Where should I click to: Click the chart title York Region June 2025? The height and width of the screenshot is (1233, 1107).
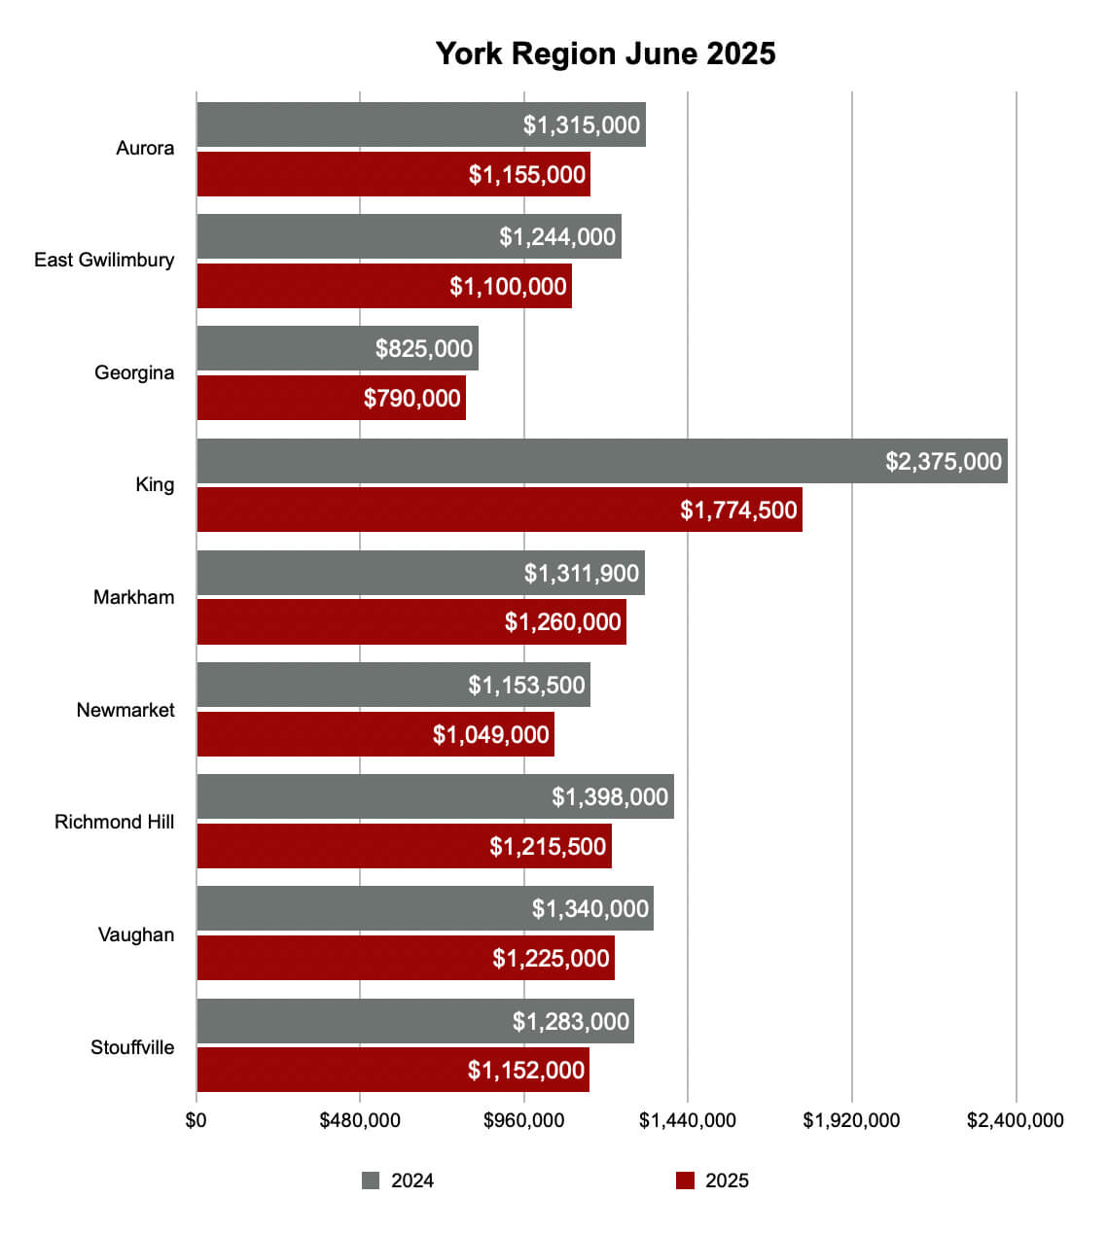point(605,53)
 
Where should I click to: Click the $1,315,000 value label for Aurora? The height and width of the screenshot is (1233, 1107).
point(582,124)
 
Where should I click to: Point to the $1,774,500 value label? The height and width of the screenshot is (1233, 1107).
point(738,510)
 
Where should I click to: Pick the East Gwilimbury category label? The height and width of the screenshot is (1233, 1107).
point(104,260)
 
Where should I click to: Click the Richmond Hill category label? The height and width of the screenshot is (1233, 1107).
point(115,822)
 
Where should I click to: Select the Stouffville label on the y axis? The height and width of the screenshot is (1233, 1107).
point(132,1047)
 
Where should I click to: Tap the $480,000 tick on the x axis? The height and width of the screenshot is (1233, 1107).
point(360,1120)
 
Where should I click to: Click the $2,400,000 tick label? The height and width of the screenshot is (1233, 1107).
point(1015,1120)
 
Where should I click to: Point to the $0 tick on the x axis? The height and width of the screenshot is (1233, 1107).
point(196,1120)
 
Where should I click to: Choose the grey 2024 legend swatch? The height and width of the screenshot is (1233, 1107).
point(371,1180)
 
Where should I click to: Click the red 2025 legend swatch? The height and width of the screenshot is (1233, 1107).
point(686,1180)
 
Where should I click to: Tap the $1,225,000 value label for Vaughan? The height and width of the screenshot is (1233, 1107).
point(551,958)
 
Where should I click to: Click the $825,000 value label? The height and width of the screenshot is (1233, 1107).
point(424,348)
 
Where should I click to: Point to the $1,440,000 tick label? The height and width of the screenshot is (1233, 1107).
point(687,1120)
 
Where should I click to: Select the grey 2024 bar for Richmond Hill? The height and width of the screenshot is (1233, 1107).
point(370,796)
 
